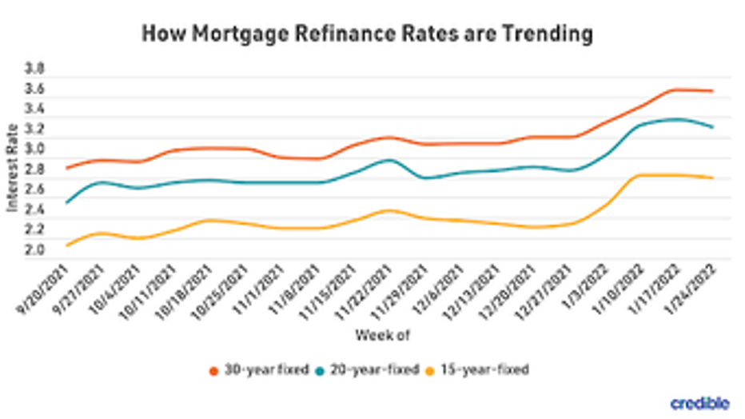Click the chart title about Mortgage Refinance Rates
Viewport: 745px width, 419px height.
[367, 34]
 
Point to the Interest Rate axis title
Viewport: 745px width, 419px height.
[14, 171]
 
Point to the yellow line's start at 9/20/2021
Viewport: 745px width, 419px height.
[67, 245]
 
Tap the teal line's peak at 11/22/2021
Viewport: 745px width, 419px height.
[388, 160]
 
